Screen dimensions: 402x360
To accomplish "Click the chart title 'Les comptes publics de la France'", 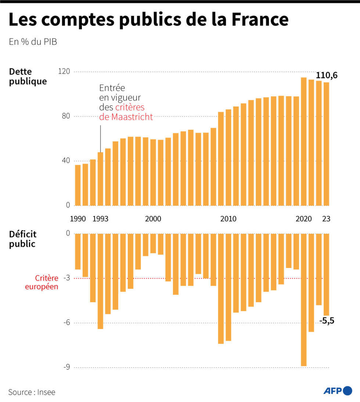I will (x=148, y=20).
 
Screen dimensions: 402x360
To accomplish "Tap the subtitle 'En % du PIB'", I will (x=33, y=42).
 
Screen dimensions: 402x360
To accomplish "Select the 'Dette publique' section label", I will (x=28, y=76).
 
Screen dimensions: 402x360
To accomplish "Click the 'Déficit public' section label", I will (x=23, y=239).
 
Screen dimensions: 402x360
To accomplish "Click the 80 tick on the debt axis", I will (x=66, y=116).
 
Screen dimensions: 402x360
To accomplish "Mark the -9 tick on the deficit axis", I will (x=66, y=367).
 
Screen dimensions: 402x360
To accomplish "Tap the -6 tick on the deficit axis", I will (x=66, y=323).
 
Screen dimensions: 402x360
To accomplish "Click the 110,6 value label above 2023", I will (x=327, y=76).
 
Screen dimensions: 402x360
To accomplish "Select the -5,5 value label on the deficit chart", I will (x=327, y=321).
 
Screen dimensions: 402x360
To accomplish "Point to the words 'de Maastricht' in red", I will (x=126, y=117).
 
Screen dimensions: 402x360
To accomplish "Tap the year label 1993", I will (x=100, y=219).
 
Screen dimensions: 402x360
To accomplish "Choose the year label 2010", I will (x=228, y=219).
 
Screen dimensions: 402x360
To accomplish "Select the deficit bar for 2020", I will (x=304, y=299).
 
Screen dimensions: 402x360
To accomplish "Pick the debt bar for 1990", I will (x=78, y=185).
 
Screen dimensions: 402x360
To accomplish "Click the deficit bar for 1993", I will (x=100, y=281).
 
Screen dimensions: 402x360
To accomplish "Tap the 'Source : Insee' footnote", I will (x=32, y=392).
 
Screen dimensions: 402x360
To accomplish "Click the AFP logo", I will (x=338, y=391).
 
